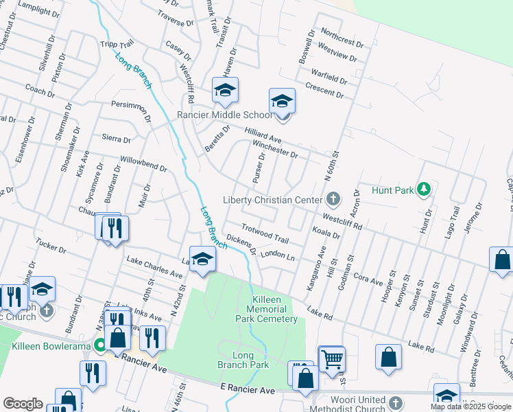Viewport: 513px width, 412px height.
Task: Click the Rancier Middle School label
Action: [x=225, y=115]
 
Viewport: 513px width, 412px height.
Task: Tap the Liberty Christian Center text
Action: [x=272, y=200]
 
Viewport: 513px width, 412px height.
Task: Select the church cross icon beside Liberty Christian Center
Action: [x=333, y=200]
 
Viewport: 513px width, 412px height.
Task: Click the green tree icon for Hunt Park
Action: [x=425, y=189]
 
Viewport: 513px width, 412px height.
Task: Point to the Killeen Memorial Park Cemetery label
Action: [x=265, y=309]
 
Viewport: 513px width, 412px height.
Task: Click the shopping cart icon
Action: [x=332, y=358]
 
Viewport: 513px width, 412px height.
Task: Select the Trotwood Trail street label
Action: [x=265, y=233]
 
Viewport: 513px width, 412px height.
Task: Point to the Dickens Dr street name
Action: [x=241, y=246]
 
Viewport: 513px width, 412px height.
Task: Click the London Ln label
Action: [x=277, y=255]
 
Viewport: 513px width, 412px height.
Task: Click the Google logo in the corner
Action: [x=23, y=403]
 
